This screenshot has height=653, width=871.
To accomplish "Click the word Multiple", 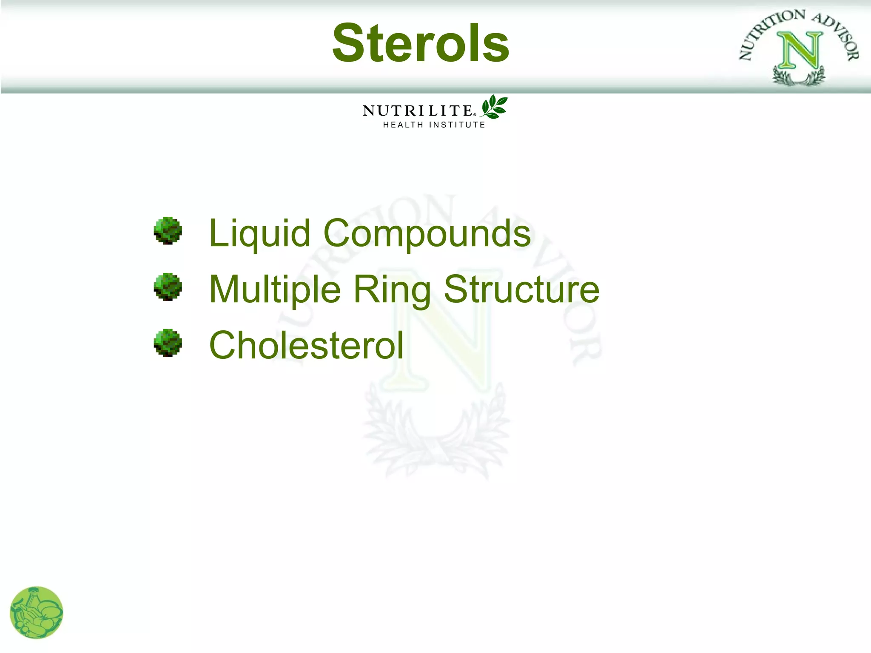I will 275,290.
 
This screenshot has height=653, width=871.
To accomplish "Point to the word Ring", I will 392,290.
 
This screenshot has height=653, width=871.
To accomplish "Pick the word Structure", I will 521,290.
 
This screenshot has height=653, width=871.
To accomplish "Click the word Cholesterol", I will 306,345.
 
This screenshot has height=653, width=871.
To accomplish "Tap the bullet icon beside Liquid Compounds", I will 168,231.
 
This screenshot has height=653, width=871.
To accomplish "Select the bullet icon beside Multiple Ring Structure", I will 168,287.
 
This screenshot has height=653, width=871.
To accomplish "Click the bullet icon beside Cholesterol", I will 168,343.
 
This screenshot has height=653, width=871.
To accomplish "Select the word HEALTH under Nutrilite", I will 403,125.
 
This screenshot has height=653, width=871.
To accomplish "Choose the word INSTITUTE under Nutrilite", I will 457,125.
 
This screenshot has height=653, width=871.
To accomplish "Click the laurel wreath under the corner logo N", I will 799,78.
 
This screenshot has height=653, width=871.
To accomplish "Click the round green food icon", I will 36,613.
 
